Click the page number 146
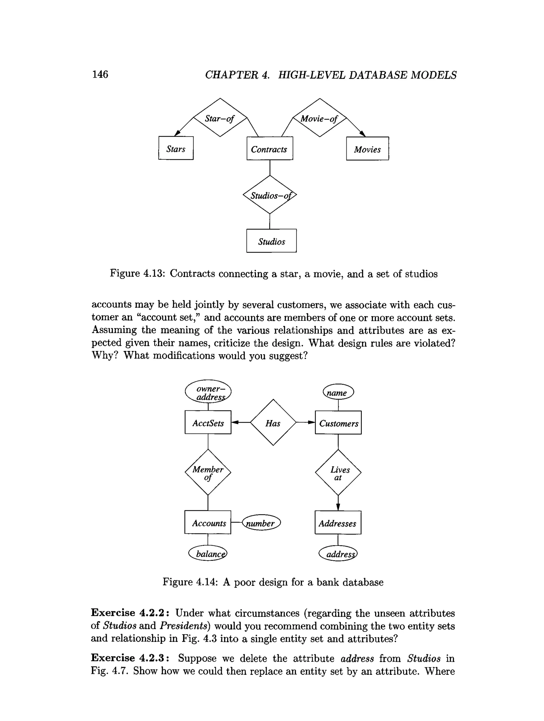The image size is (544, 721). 100,74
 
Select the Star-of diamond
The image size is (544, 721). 220,118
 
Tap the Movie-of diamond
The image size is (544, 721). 319,118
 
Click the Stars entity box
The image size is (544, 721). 176,148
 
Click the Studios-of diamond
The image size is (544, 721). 270,195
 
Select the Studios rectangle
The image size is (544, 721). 271,241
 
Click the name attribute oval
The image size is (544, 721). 338,392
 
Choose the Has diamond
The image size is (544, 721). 273,423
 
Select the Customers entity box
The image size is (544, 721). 338,423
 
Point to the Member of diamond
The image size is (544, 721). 208,472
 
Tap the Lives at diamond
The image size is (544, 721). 338,473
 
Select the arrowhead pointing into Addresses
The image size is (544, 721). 338,507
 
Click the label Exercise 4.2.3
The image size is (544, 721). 129,658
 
